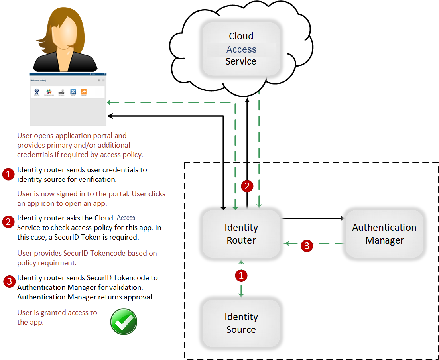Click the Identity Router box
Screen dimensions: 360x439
[241, 234]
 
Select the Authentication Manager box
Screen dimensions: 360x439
[384, 234]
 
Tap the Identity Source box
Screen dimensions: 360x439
[241, 323]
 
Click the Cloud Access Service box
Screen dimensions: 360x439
[241, 49]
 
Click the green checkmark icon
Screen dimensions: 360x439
[124, 321]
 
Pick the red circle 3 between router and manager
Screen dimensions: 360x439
[306, 245]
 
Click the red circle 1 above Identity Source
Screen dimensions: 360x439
[241, 275]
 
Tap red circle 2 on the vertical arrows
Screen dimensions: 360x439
[247, 186]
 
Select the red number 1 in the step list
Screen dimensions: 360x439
[8, 174]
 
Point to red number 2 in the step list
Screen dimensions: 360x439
[8, 222]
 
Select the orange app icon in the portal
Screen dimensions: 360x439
[84, 92]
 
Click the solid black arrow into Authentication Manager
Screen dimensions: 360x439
[341, 218]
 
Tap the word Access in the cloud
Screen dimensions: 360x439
[241, 49]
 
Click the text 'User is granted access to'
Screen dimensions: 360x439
[57, 312]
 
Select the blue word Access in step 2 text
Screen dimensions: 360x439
[126, 218]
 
